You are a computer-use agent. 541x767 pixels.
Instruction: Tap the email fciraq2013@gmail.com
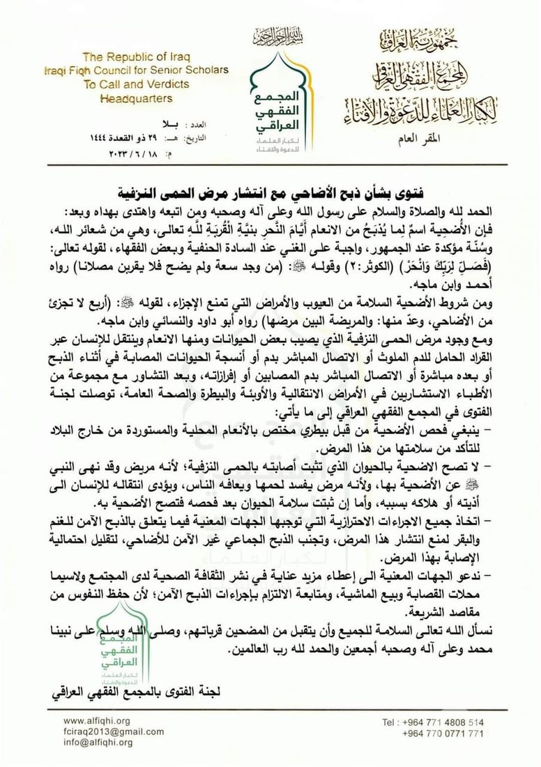(x=108, y=732)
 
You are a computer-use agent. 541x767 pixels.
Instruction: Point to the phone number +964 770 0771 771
(x=443, y=734)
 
